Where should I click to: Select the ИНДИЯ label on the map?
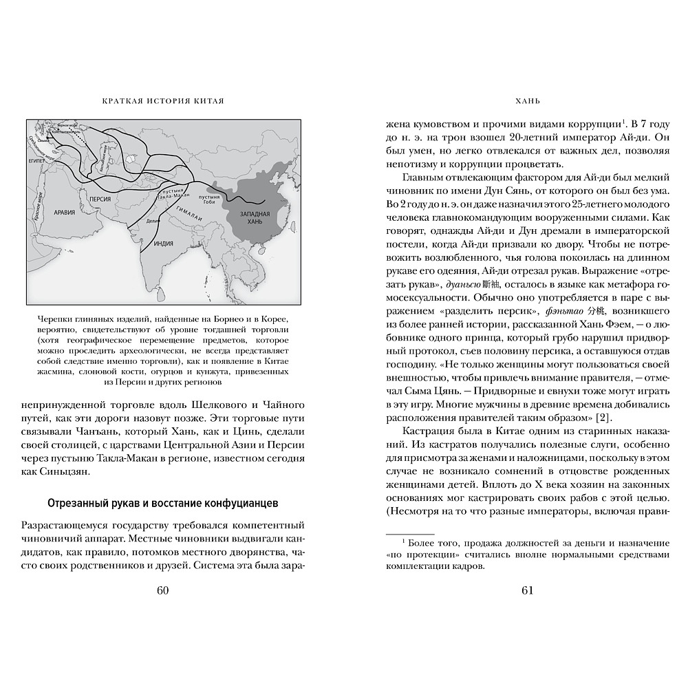pos(163,243)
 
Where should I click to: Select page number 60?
pos(163,590)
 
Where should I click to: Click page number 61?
pos(528,590)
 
